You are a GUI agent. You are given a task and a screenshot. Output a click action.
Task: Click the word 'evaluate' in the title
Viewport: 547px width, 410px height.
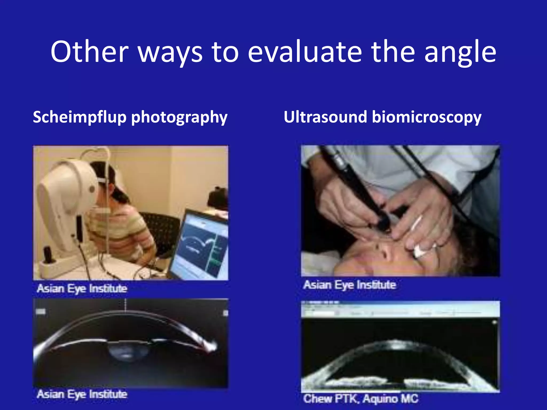[304, 52]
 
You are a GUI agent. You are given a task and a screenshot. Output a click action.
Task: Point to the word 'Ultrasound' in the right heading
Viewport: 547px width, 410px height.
[325, 117]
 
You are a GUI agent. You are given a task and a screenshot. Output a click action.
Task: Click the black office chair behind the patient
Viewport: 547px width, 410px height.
[163, 230]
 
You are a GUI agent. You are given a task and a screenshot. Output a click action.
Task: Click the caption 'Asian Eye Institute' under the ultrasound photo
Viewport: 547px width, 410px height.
[349, 285]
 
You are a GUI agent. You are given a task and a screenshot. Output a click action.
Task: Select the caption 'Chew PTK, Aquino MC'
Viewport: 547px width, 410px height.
[361, 399]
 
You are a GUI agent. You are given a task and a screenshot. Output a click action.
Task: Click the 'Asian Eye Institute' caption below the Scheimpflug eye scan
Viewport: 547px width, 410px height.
[82, 394]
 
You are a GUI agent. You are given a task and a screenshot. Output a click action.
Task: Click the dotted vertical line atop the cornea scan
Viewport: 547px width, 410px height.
[126, 305]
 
